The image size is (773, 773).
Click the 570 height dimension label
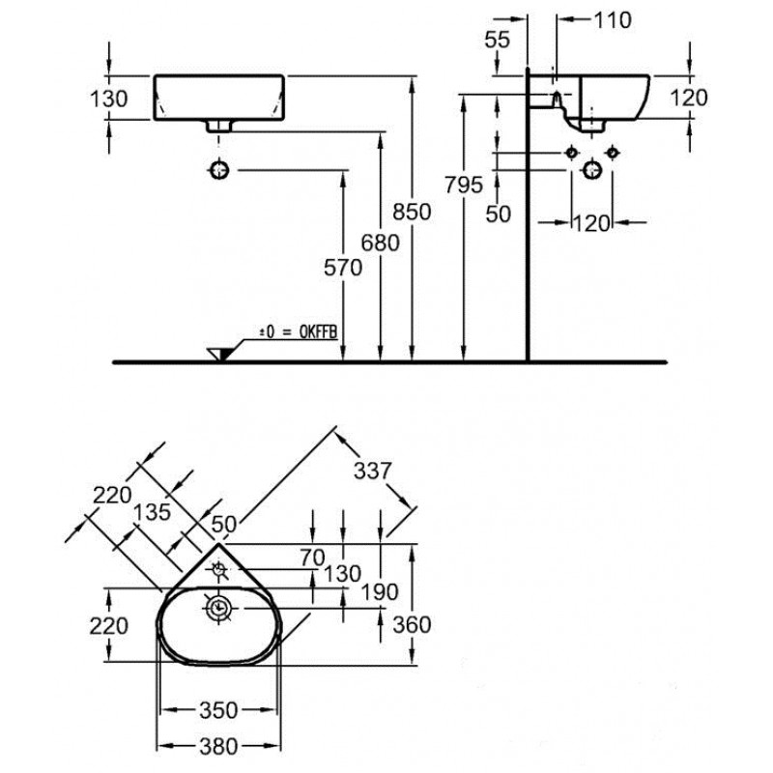click(344, 268)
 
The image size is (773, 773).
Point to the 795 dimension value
click(464, 185)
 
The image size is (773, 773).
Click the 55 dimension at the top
click(498, 40)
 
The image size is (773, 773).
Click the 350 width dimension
click(218, 711)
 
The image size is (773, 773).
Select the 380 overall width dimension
click(218, 746)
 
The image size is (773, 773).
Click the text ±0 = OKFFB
click(297, 331)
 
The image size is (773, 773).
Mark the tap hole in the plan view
click(220, 570)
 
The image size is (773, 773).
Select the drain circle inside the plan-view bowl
click(219, 608)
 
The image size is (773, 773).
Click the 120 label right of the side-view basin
click(689, 97)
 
